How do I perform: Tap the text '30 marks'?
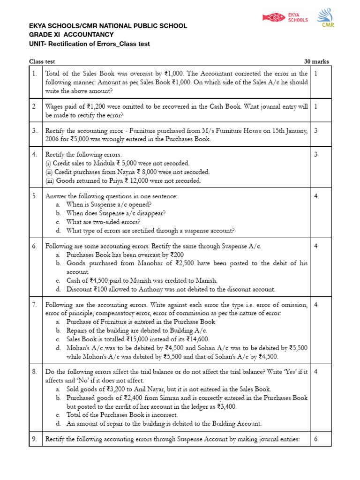coord(316,61)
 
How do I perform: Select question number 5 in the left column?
coord(35,196)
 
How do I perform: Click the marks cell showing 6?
coord(315,439)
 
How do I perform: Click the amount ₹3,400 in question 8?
coord(225,406)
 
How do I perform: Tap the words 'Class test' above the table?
coord(42,61)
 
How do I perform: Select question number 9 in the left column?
coord(35,439)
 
